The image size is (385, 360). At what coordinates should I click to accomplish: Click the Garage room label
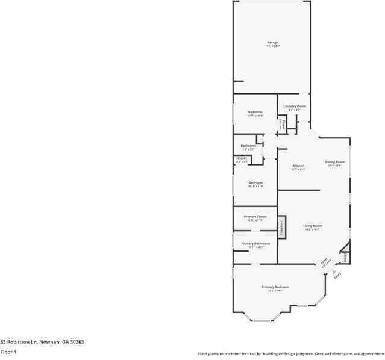[x=272, y=43]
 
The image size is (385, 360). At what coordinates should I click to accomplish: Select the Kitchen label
[x=298, y=166]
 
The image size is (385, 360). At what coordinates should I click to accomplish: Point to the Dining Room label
[x=334, y=161]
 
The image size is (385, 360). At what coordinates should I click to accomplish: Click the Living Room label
[x=312, y=226]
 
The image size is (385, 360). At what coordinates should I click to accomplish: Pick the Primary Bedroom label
[x=275, y=287]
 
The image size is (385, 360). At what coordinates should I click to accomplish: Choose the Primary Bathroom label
[x=255, y=243]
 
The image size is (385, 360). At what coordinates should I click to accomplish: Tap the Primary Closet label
[x=255, y=216]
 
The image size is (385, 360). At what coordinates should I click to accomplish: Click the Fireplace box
[x=281, y=226]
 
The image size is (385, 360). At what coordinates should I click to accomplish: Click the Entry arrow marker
[x=334, y=272]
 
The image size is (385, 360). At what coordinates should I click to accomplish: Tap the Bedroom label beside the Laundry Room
[x=255, y=112]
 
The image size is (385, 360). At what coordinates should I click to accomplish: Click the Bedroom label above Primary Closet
[x=255, y=182]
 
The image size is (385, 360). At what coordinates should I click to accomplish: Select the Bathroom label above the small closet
[x=249, y=146]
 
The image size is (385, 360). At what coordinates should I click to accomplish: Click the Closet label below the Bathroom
[x=242, y=158]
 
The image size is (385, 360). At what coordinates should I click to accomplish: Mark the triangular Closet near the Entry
[x=345, y=256]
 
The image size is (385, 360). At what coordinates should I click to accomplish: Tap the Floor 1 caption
[x=8, y=352]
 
